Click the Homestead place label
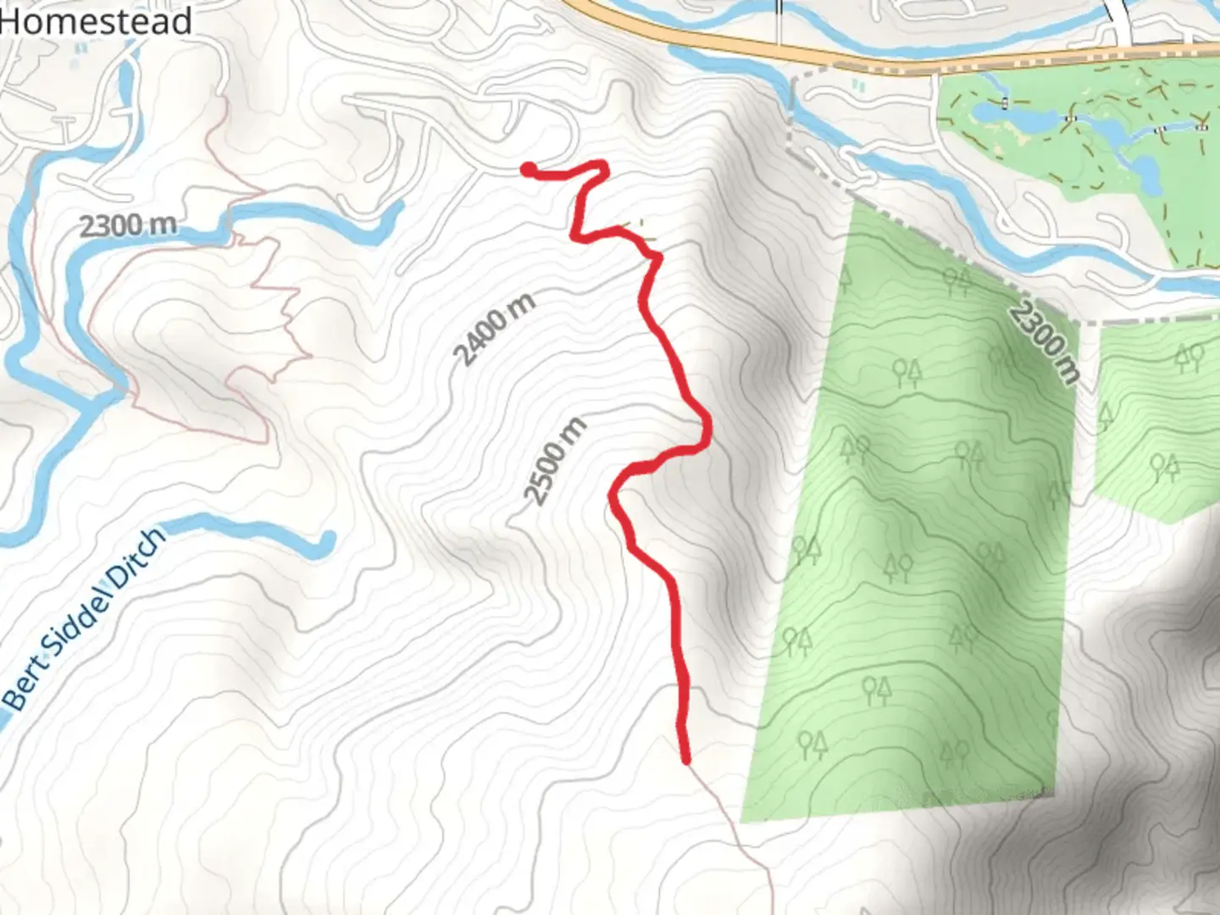[95, 21]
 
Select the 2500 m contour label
[555, 461]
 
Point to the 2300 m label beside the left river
[128, 225]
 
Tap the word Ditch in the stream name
[136, 559]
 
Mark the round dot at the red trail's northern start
[528, 170]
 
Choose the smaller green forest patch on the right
[1156, 424]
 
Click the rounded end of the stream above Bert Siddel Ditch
[325, 541]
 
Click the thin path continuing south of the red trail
[737, 839]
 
